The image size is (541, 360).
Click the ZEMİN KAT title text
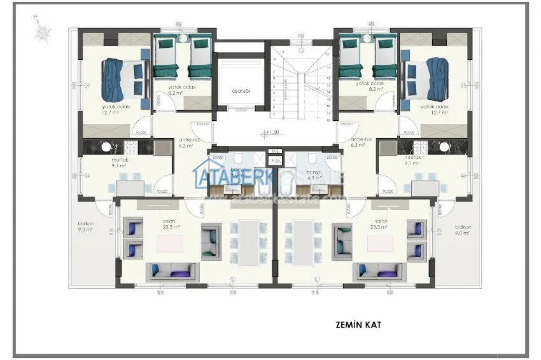[358, 324]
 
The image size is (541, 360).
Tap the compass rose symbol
[43, 29]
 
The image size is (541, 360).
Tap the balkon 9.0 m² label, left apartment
[87, 228]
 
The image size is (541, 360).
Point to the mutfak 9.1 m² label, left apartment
[117, 162]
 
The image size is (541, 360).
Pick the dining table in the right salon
[302, 241]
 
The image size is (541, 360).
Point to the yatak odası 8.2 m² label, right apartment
[369, 87]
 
